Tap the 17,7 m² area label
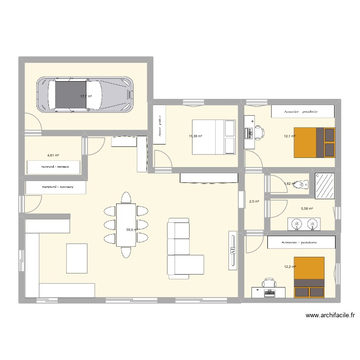click(86, 96)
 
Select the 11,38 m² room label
click(195, 136)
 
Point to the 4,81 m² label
click(53, 156)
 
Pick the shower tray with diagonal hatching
click(324, 185)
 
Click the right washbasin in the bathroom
click(313, 224)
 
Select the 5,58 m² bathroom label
click(307, 209)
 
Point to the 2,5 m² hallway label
click(254, 202)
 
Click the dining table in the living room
click(126, 225)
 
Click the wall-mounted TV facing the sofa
click(233, 249)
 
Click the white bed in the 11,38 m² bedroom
click(214, 137)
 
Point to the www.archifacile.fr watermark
click(329, 315)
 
